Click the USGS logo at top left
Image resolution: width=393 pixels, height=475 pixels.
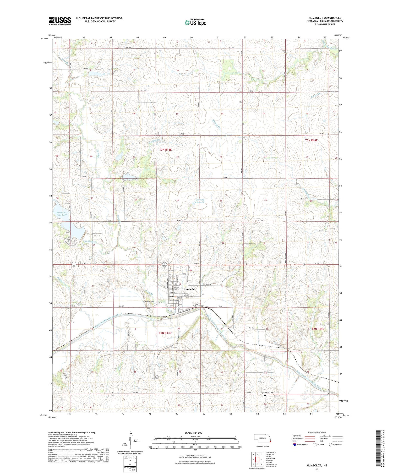click(x=60, y=21)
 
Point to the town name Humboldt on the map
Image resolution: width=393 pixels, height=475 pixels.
click(x=190, y=289)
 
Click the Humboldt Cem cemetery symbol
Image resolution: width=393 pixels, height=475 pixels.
click(x=148, y=304)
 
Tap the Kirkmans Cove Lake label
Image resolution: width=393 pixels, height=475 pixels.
click(x=62, y=214)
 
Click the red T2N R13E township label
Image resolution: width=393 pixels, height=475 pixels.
click(x=165, y=333)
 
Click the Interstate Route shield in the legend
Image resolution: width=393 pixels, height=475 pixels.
click(x=295, y=445)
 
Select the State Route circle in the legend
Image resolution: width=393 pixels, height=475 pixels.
click(x=331, y=445)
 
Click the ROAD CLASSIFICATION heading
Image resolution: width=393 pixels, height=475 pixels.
click(x=317, y=432)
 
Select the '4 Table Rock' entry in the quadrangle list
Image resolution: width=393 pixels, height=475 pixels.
click(x=270, y=458)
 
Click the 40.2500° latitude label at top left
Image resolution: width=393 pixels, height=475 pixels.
click(x=45, y=39)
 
